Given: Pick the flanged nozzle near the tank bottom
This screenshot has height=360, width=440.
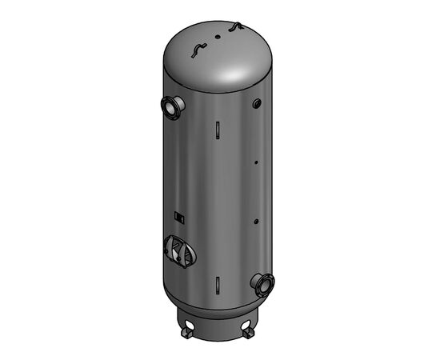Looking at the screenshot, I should [x=263, y=282].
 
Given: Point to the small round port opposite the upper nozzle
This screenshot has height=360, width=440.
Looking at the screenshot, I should [x=256, y=103].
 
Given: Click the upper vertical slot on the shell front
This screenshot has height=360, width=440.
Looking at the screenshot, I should [x=217, y=130].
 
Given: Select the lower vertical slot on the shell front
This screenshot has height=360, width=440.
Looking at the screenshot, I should [x=217, y=283].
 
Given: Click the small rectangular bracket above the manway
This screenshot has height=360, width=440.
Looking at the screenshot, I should [x=180, y=216].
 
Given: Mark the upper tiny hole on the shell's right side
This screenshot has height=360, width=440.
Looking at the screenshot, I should [x=255, y=163].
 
